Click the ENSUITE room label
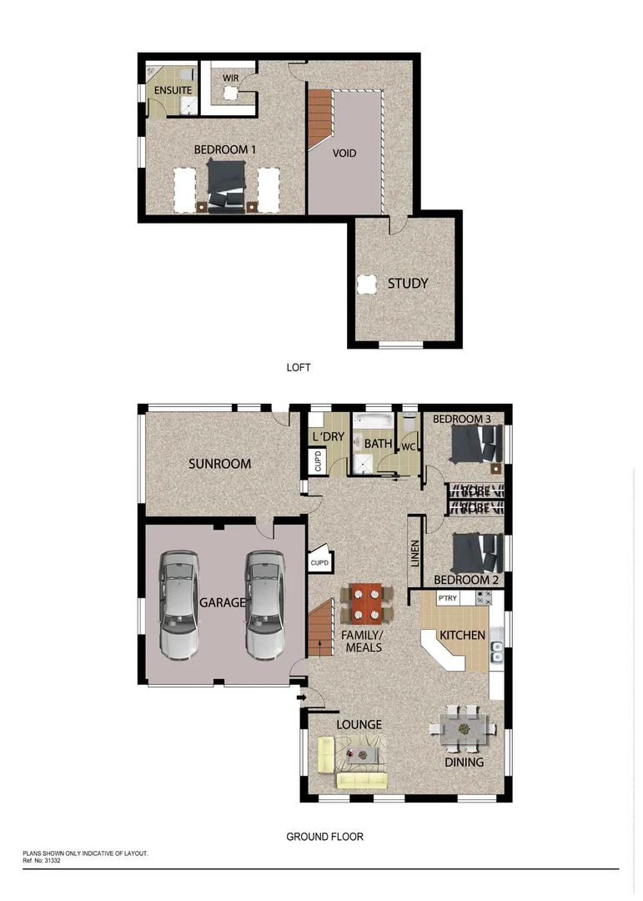point(173,89)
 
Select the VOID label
point(344,154)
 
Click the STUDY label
point(407,284)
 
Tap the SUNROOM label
point(219,464)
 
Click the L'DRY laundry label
point(328,437)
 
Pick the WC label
point(409,447)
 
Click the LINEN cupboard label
point(414,552)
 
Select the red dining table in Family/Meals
point(365,603)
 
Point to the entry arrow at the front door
point(301,698)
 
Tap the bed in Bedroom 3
point(473,445)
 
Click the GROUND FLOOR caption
point(324,837)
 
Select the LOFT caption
point(298,366)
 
